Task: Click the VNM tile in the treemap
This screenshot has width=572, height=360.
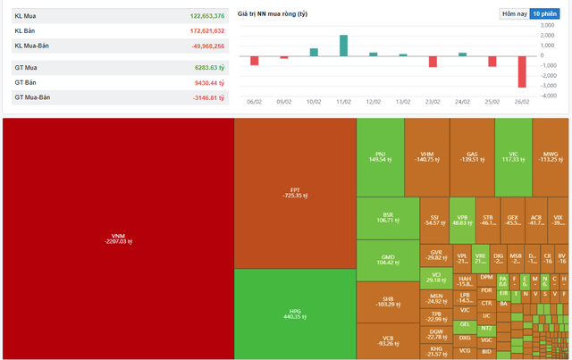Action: click(116, 239)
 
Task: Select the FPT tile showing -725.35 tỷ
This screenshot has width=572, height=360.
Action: click(295, 192)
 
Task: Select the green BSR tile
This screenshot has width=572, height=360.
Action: click(388, 218)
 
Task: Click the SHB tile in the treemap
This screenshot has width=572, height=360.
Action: click(388, 301)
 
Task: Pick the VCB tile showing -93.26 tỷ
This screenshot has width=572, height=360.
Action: click(388, 339)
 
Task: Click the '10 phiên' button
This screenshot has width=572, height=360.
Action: click(546, 14)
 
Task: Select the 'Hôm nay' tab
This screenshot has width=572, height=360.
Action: click(514, 14)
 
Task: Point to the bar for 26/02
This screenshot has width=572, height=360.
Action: click(522, 71)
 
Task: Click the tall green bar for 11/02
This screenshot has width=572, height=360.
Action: click(343, 46)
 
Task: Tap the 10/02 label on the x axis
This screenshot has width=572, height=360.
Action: click(314, 102)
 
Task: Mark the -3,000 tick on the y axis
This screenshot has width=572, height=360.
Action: click(553, 86)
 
